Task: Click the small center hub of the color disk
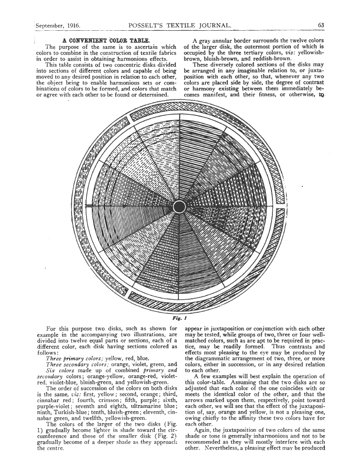179,207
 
